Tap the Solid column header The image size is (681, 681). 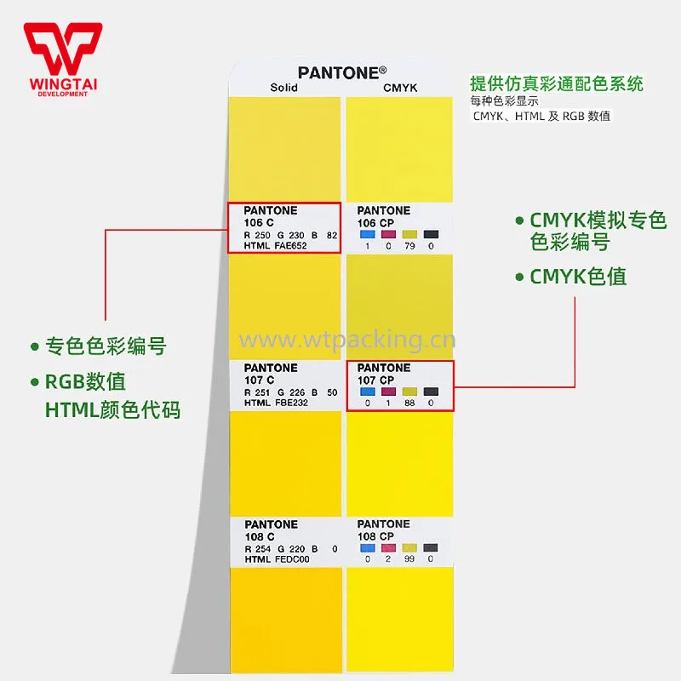pyautogui.click(x=284, y=88)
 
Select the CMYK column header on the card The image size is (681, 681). pyautogui.click(x=398, y=88)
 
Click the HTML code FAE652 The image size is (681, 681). pyautogui.click(x=290, y=246)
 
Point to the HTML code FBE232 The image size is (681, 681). pyautogui.click(x=290, y=403)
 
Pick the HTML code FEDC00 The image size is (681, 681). pyautogui.click(x=291, y=559)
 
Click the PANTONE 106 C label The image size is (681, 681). pyautogui.click(x=271, y=216)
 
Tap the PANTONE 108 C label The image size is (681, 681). pyautogui.click(x=271, y=530)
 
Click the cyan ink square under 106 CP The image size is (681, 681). pyautogui.click(x=368, y=233)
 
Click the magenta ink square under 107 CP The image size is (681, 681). pyautogui.click(x=389, y=391)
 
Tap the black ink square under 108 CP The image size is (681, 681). pyautogui.click(x=431, y=547)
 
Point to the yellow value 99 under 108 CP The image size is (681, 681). pyautogui.click(x=409, y=559)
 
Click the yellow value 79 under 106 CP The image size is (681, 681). pyautogui.click(x=409, y=246)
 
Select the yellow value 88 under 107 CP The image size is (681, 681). pyautogui.click(x=409, y=403)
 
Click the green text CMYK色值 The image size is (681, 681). pyautogui.click(x=579, y=278)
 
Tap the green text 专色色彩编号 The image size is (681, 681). pyautogui.click(x=105, y=346)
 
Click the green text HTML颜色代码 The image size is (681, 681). pyautogui.click(x=112, y=409)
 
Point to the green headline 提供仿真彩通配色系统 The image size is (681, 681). pyautogui.click(x=557, y=84)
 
